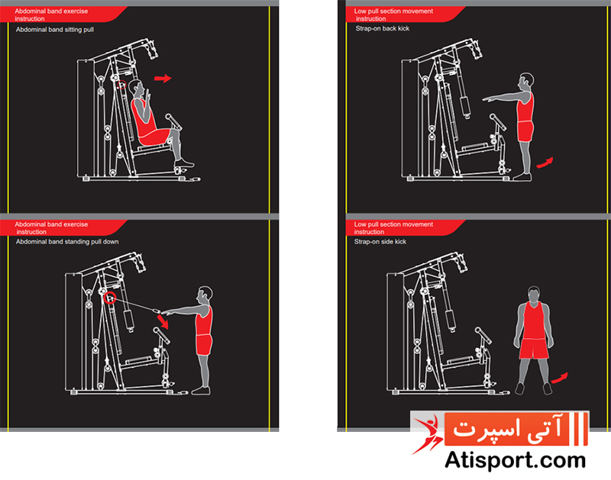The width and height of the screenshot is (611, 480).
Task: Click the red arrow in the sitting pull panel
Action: tap(163, 79)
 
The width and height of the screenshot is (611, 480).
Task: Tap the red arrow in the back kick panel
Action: tap(545, 163)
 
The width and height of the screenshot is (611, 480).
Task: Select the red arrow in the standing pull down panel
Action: tap(163, 321)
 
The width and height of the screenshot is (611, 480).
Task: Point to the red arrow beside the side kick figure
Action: tap(560, 378)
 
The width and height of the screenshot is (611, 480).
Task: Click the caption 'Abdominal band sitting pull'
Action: tap(55, 30)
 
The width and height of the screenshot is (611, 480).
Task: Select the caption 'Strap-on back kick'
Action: tap(383, 28)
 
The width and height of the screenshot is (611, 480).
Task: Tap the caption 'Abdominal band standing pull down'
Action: tap(67, 242)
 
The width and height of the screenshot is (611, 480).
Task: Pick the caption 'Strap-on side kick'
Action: tap(380, 242)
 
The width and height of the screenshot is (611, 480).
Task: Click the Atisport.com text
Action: tap(515, 460)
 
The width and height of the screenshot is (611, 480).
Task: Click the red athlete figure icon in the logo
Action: tap(428, 434)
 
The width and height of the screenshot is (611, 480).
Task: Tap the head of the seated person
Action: tap(137, 89)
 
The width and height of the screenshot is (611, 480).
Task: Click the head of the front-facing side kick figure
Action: tap(533, 295)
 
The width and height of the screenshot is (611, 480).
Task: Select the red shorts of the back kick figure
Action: tap(525, 131)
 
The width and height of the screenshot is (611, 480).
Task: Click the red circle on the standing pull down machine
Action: tap(110, 298)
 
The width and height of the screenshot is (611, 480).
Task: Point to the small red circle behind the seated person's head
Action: tap(122, 84)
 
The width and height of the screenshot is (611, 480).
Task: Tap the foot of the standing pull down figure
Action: tap(202, 390)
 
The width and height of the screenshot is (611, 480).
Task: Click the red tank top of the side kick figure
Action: tap(533, 321)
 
